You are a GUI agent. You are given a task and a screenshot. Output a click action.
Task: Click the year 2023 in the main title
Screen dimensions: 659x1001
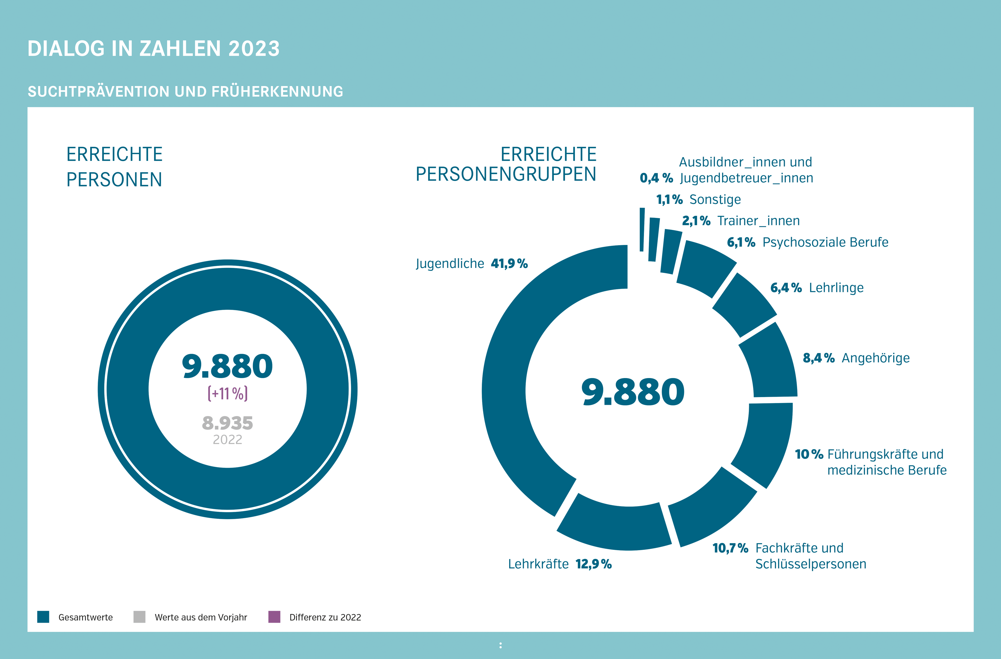coord(254,48)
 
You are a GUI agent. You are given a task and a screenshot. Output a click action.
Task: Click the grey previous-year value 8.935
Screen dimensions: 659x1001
coord(228,423)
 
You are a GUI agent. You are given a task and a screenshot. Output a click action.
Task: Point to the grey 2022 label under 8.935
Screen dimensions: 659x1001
coord(228,439)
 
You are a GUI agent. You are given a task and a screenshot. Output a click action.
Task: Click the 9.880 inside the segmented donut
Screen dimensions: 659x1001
coord(633,392)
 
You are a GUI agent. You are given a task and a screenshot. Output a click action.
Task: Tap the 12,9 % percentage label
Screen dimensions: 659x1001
coord(594,564)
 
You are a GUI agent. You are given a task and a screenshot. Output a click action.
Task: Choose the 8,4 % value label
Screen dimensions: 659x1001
coord(818,358)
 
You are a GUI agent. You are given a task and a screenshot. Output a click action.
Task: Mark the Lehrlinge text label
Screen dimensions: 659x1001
coord(836,288)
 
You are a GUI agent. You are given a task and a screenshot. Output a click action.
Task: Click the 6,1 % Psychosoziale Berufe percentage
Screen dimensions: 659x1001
coord(741,242)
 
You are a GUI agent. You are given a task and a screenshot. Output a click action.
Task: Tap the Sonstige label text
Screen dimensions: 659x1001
coord(715,199)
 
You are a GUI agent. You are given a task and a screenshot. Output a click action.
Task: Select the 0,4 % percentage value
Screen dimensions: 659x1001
coord(656,178)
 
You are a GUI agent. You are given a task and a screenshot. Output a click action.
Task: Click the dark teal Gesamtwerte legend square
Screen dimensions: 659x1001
coord(43,617)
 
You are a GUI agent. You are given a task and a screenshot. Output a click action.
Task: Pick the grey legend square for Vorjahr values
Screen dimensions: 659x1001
coord(139,617)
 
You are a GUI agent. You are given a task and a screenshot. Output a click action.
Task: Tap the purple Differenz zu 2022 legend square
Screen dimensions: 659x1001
coord(274,617)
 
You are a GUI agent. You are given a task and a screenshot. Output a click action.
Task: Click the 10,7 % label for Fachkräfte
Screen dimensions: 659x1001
coord(730,548)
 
